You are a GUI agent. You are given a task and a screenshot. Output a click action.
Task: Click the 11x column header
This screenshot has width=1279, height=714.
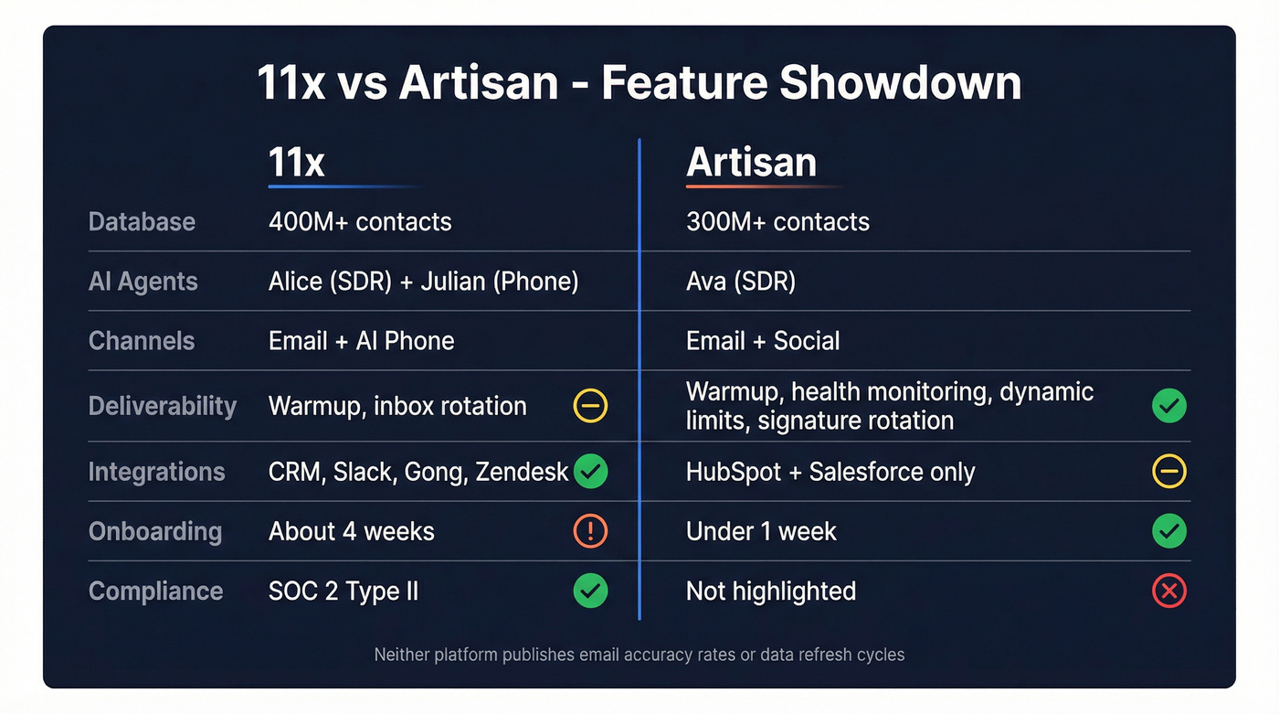click(x=297, y=163)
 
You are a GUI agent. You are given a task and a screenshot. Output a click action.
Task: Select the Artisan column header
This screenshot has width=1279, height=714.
click(x=751, y=163)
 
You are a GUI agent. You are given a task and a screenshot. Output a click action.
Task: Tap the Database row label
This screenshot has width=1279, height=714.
click(x=142, y=221)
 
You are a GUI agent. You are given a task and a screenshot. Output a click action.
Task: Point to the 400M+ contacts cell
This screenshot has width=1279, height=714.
click(x=360, y=221)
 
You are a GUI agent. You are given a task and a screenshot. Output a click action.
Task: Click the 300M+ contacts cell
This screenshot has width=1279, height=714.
click(x=777, y=221)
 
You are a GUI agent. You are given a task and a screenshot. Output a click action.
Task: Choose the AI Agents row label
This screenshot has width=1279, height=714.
click(x=143, y=282)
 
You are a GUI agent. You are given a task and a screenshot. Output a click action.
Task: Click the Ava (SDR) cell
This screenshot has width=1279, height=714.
click(x=741, y=282)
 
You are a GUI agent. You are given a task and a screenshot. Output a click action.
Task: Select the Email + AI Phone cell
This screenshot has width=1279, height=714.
click(x=361, y=341)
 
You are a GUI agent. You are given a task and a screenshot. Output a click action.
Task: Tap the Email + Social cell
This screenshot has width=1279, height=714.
click(x=763, y=341)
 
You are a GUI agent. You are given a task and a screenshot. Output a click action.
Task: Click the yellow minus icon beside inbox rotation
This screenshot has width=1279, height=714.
click(x=590, y=406)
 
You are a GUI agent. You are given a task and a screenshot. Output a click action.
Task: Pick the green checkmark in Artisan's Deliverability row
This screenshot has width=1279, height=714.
click(x=1168, y=406)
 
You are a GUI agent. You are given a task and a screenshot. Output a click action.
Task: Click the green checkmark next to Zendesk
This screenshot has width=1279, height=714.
click(x=590, y=472)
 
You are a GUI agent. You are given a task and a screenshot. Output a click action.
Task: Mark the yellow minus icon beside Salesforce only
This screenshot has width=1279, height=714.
click(x=1168, y=472)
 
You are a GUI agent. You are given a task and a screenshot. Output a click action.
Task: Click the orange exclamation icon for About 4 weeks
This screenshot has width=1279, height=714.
click(x=590, y=531)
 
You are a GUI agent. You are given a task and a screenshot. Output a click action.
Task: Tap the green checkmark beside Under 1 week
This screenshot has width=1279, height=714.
click(x=1168, y=531)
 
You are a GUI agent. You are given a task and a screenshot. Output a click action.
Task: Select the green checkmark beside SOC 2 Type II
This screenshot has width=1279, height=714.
click(x=590, y=591)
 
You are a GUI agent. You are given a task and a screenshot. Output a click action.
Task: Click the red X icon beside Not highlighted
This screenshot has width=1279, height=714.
click(x=1168, y=591)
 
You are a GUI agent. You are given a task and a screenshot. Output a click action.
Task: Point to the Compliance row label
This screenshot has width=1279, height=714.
click(x=155, y=591)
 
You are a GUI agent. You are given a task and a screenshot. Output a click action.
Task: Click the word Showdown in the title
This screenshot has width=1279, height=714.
click(x=900, y=82)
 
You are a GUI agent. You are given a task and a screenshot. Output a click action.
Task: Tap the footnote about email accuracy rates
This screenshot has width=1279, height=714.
click(x=639, y=655)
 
